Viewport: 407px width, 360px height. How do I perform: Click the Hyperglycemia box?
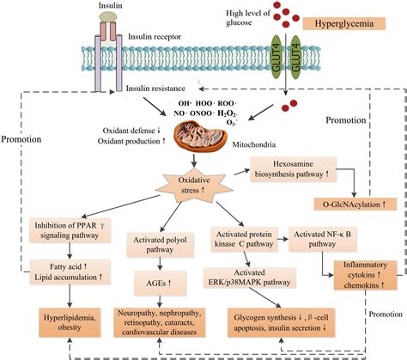coord(344,23)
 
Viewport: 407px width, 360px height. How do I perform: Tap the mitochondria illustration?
coord(201,136)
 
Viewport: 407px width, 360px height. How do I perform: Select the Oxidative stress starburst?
coord(194,185)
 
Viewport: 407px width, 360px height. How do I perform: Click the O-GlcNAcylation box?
coord(355,204)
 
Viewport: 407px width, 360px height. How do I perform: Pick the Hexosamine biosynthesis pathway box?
coord(294,169)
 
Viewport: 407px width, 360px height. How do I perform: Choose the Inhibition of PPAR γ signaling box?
coord(70,230)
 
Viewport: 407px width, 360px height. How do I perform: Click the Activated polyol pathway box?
coord(160,245)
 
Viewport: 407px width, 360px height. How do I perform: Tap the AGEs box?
coord(161,284)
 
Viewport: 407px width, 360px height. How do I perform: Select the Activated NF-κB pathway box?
coord(323,239)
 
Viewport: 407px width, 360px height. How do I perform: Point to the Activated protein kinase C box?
coord(244,239)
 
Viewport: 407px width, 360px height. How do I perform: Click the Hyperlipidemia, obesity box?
coord(70,322)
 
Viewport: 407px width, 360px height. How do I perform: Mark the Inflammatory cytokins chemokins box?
coord(365,275)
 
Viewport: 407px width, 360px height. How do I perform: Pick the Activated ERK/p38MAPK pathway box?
coord(250,278)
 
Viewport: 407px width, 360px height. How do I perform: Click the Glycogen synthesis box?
coord(281,322)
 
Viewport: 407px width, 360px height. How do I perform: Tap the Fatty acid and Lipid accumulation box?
coord(70,272)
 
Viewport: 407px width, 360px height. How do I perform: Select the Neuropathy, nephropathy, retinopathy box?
coord(160,322)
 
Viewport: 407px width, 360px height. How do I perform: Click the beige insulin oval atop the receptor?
coord(108,16)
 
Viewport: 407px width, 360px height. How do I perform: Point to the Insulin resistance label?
coord(155,88)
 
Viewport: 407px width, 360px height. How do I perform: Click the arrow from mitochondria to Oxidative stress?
coord(194,160)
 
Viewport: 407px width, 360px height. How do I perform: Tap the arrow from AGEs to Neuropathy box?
coord(160,302)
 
